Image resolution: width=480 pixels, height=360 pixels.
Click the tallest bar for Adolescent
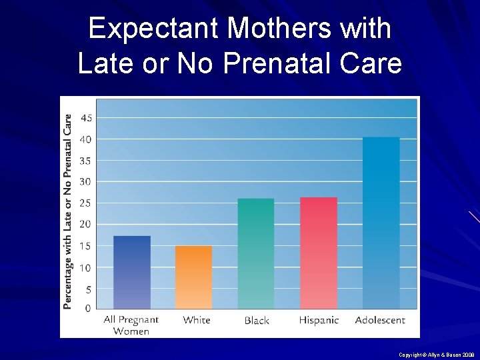point(381,223)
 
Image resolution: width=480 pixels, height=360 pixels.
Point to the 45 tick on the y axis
point(87,118)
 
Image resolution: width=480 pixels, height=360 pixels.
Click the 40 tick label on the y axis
point(87,139)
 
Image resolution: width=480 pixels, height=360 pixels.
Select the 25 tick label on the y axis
point(87,203)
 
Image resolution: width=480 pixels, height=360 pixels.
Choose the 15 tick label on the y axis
point(87,245)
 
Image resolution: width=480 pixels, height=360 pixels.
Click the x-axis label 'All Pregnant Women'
point(131,325)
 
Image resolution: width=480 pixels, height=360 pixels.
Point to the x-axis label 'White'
point(197,320)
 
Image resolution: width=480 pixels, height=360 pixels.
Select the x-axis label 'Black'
point(257,321)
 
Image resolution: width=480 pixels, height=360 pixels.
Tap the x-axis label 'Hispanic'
point(319,320)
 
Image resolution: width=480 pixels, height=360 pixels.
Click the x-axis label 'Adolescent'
point(380,320)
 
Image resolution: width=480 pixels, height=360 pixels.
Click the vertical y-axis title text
point(68,211)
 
